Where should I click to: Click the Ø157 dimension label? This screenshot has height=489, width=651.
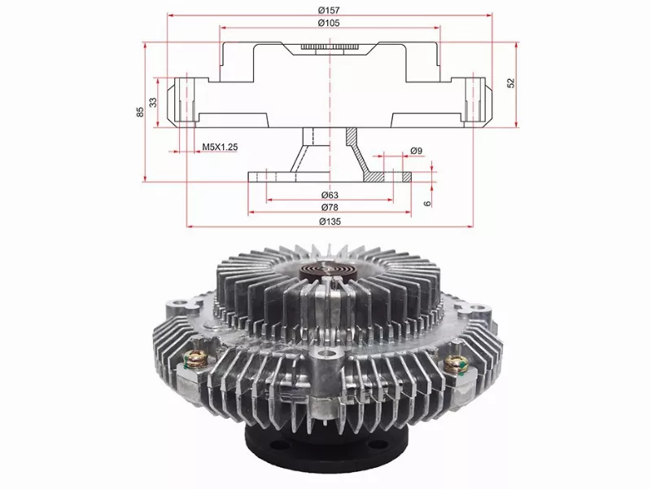tap(329, 9)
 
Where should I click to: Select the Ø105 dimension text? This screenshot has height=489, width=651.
tap(329, 23)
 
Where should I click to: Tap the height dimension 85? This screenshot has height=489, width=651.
tap(140, 112)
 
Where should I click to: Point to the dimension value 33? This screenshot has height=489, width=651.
tap(154, 103)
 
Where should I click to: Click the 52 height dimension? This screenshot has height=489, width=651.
tap(511, 83)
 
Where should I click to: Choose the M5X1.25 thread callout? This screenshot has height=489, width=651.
tap(220, 147)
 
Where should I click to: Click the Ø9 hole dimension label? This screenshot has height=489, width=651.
tap(416, 151)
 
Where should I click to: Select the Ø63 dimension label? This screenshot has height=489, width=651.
tap(330, 195)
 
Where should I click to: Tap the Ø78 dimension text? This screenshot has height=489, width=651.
tap(330, 207)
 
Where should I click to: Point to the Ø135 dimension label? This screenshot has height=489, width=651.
tap(330, 221)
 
